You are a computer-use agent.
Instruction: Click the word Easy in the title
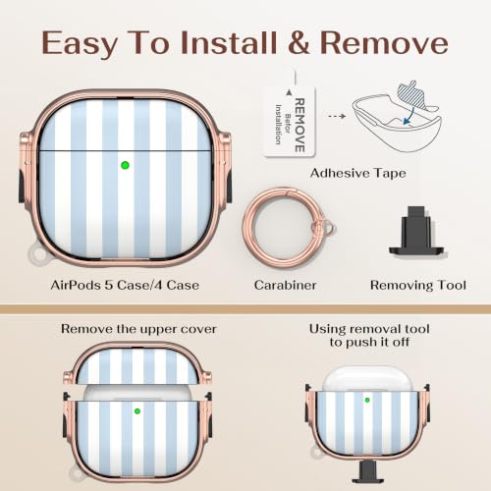[x=80, y=44]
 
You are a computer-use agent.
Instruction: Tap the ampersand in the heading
[x=299, y=42]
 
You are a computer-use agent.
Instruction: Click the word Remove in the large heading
[x=384, y=42]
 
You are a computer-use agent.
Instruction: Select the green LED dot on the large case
[x=125, y=165]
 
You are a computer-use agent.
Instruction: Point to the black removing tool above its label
[x=416, y=232]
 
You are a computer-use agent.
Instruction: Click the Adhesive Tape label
[x=358, y=173]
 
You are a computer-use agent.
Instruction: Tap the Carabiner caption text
[x=285, y=285]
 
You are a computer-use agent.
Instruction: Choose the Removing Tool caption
[x=418, y=285]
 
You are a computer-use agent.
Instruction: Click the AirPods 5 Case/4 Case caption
[x=125, y=285]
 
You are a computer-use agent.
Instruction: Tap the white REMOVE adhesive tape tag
[x=290, y=122]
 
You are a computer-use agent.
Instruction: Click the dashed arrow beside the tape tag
[x=337, y=116]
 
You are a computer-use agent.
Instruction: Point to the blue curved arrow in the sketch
[x=409, y=116]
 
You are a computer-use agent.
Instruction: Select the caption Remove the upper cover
[x=138, y=329]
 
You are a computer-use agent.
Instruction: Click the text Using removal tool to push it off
[x=369, y=336]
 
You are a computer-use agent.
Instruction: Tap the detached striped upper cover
[x=137, y=363]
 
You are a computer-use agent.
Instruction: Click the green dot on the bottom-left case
[x=137, y=411]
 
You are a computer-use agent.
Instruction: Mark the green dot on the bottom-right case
[x=367, y=400]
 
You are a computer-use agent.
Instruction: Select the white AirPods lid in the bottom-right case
[x=367, y=379]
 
